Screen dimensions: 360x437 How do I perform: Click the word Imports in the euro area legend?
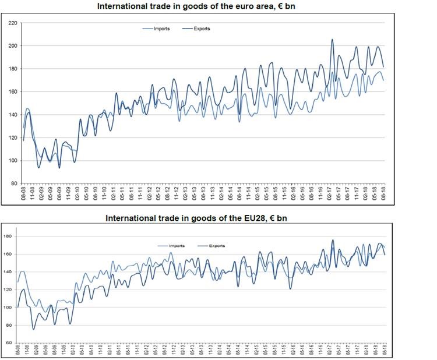[162, 29]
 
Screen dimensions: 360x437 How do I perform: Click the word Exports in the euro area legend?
[202, 29]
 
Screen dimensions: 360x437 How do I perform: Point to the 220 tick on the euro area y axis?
[13, 23]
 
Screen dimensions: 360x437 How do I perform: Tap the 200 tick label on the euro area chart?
[13, 46]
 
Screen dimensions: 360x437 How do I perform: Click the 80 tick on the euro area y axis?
[14, 183]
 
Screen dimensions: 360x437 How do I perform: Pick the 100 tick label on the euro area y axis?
[13, 161]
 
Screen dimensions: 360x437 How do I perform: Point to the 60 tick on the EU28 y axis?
[9, 343]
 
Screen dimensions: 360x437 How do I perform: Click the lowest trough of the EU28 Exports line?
[33, 329]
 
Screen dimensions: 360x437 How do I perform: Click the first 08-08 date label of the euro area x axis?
[23, 195]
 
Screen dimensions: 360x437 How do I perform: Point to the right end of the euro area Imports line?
[383, 80]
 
